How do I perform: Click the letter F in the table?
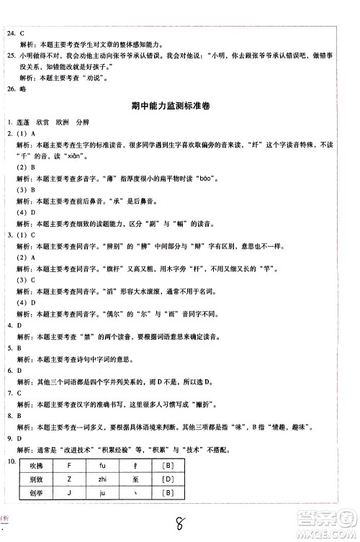click(x=68, y=465)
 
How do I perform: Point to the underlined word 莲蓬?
click(x=26, y=122)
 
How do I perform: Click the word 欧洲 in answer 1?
click(x=62, y=122)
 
